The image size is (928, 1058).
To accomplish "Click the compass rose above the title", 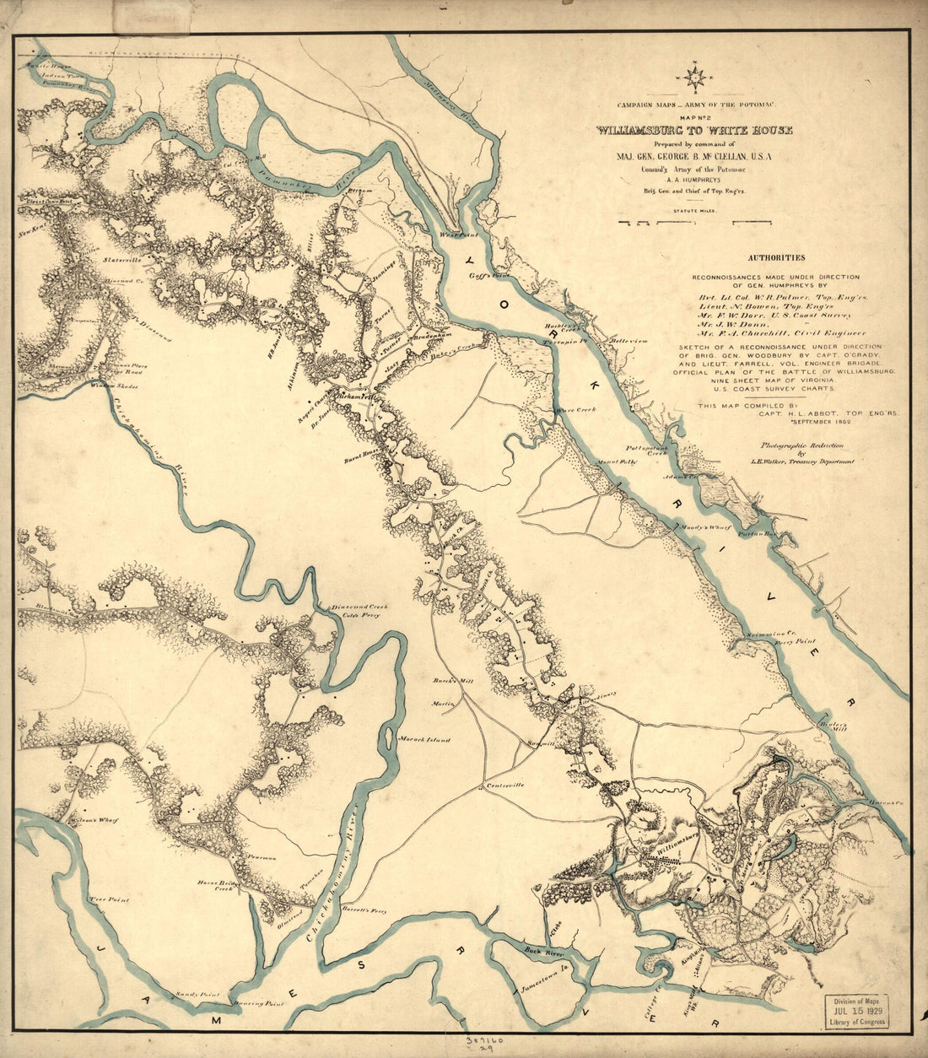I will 695,78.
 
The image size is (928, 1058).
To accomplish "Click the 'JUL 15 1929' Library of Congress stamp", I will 867,1009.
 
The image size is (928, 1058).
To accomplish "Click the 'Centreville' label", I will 505,785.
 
